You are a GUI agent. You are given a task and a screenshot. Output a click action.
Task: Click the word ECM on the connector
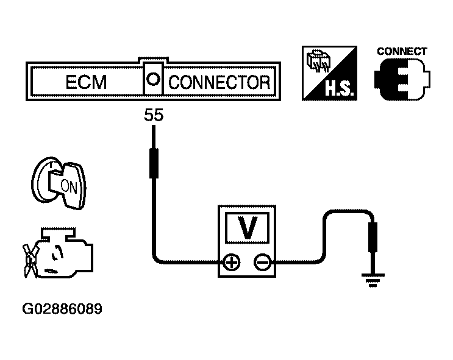[86, 82]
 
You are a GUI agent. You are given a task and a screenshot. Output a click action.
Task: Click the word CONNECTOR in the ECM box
[219, 82]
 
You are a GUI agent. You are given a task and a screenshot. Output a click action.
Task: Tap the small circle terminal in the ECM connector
[153, 79]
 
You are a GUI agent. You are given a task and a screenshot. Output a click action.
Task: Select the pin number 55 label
[154, 115]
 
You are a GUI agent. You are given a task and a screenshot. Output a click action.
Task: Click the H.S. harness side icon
[329, 73]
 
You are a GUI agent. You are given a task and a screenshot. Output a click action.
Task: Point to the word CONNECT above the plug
[402, 51]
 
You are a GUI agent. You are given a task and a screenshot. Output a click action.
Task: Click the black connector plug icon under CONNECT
[402, 79]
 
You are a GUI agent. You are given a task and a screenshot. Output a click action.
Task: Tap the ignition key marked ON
[59, 183]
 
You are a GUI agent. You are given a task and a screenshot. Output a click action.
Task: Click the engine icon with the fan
[58, 253]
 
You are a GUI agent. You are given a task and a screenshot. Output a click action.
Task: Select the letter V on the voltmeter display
[247, 227]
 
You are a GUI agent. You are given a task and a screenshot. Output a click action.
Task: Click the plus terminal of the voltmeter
[232, 263]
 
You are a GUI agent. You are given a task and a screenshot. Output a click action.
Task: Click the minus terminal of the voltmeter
[262, 263]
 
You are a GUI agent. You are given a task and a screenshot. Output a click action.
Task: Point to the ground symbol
[373, 280]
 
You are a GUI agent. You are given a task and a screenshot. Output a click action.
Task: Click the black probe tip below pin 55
[154, 163]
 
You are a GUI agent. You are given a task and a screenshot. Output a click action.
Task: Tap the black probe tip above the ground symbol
[373, 238]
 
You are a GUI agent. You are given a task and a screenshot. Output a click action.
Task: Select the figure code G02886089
[62, 309]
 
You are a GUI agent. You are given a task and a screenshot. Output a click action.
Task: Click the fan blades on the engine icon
[30, 261]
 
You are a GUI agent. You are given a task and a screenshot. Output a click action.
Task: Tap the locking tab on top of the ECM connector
[153, 60]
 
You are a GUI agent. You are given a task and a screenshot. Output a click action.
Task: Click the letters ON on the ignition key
[69, 187]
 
